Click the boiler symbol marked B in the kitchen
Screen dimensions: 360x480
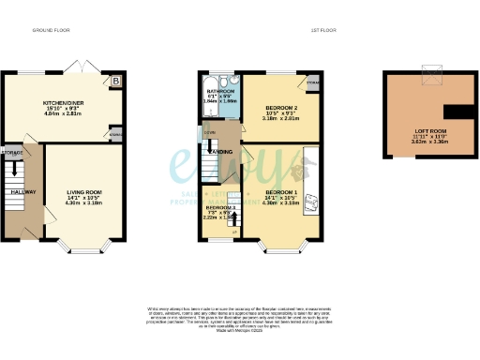click(x=115, y=82)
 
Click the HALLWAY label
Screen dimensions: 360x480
click(x=22, y=192)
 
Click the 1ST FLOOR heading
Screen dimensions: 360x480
click(x=324, y=30)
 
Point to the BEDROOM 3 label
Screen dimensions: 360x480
click(x=221, y=207)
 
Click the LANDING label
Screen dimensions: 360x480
click(x=221, y=151)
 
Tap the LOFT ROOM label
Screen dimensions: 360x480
click(x=432, y=130)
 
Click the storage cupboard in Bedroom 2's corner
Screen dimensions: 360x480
click(x=312, y=83)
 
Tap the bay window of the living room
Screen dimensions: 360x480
click(x=82, y=250)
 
